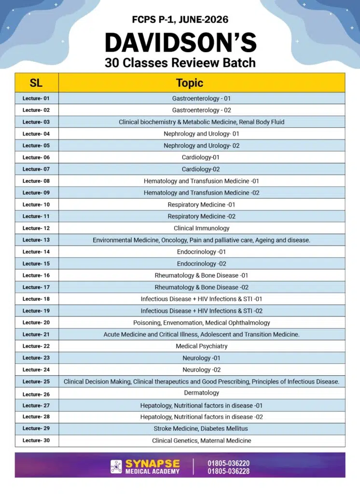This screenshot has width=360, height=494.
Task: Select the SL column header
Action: pos(36,82)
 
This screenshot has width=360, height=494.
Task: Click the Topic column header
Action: pos(190,82)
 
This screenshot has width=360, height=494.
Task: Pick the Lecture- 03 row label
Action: pos(36,122)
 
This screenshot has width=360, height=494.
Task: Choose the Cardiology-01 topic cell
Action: pos(201,157)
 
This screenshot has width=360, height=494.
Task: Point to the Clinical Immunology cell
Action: pos(202,228)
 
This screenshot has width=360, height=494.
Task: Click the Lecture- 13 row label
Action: pos(36,240)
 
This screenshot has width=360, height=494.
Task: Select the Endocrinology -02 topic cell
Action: pos(202,263)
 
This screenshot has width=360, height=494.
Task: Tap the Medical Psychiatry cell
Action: pos(202,346)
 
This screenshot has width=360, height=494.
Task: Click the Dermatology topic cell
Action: pos(202,393)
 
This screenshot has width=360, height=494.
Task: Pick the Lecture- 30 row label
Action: pos(36,440)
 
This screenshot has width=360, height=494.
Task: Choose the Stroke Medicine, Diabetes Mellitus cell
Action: pos(202,428)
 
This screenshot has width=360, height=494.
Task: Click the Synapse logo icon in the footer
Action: pos(116,467)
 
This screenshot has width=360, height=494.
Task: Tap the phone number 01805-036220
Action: pos(229,463)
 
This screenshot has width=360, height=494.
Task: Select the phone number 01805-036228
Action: pos(229,471)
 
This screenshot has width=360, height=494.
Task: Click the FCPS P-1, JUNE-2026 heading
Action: pos(180,20)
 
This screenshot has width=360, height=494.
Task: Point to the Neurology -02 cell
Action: pos(202,370)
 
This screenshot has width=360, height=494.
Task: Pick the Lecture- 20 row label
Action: pos(36,322)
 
